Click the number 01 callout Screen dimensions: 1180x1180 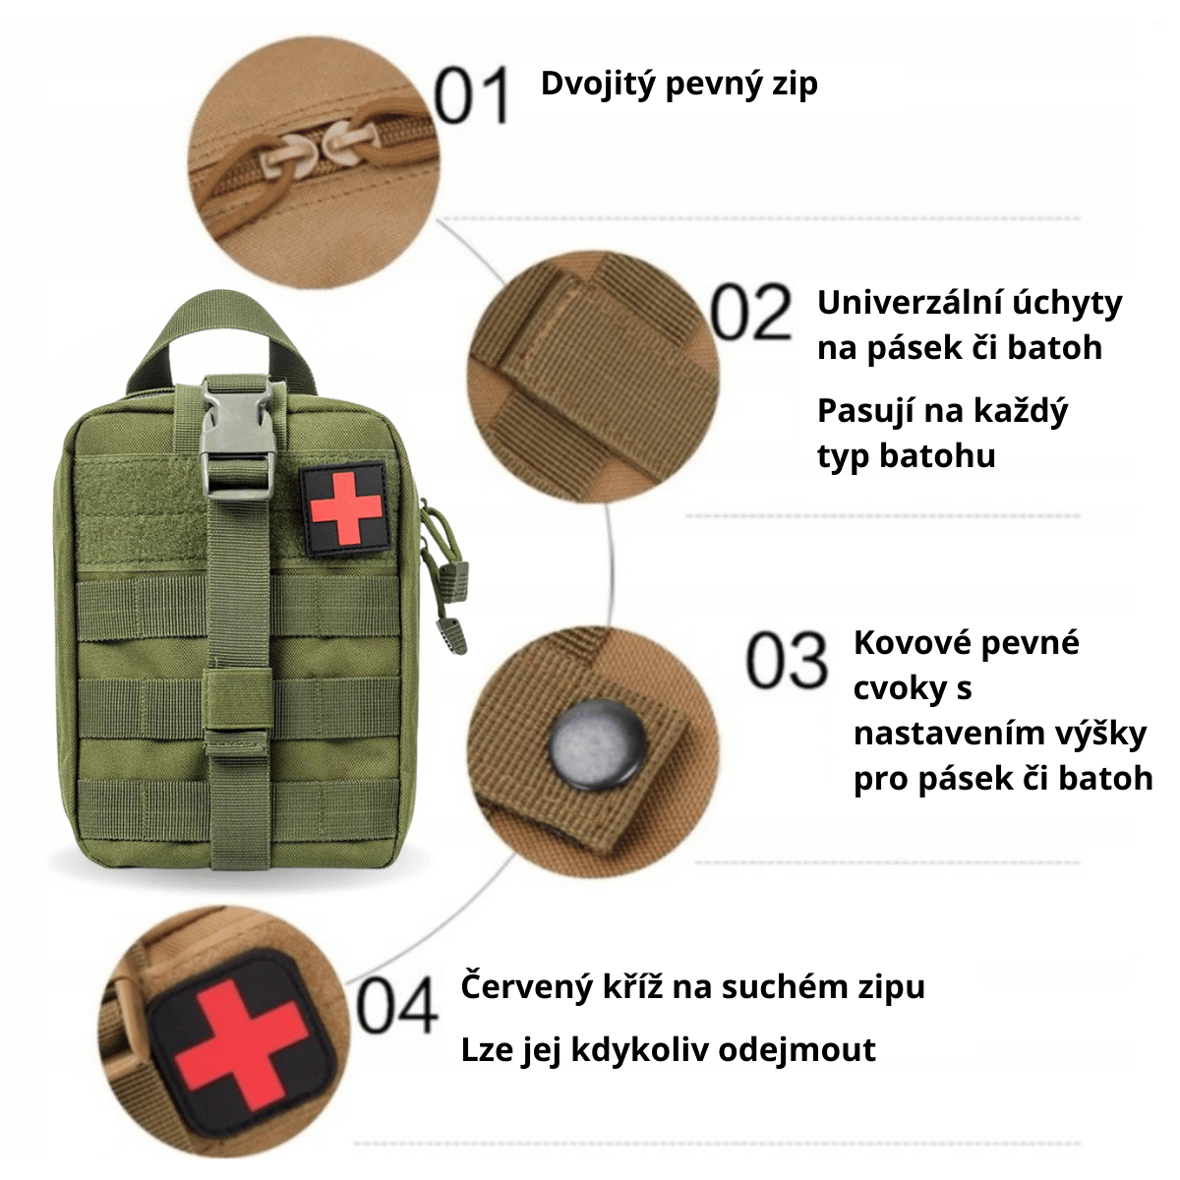pyautogui.click(x=472, y=95)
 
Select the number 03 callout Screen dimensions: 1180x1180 pyautogui.click(x=787, y=660)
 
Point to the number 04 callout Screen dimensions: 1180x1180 pyautogui.click(x=397, y=1013)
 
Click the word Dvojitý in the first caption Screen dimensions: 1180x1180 pyautogui.click(x=598, y=85)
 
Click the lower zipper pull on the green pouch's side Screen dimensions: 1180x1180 pyautogui.click(x=450, y=634)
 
